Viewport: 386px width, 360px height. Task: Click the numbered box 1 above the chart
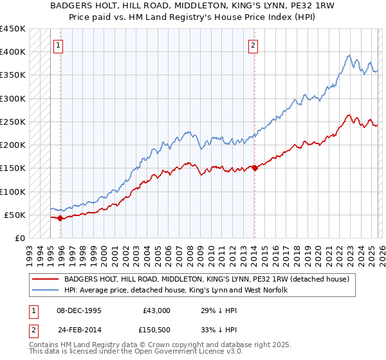pos(59,45)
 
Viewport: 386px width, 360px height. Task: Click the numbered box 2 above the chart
pos(253,45)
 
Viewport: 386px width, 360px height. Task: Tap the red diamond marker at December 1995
pos(60,218)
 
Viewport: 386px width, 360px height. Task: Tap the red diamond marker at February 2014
pos(255,168)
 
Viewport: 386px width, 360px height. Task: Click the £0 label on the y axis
pos(21,238)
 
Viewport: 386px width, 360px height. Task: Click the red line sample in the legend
pos(46,279)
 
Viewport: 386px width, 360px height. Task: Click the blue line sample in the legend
pos(46,290)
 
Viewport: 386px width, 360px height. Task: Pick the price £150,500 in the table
pos(154,330)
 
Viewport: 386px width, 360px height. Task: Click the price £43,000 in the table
pos(156,310)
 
